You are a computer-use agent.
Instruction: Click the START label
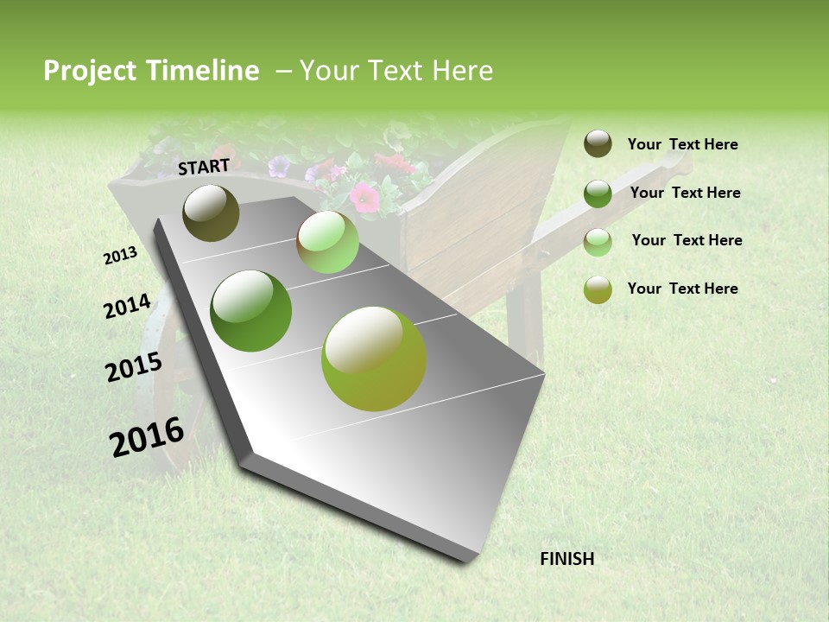pos(204,167)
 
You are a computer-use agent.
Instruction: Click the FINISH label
pos(567,559)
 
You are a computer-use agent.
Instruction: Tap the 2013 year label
pos(121,256)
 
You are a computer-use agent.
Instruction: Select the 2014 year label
pos(127,306)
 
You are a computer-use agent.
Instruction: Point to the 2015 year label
pos(134,366)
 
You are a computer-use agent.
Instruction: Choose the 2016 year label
pos(147,436)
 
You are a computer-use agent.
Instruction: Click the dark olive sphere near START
pos(211,213)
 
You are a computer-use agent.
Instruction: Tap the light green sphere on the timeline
pos(327,242)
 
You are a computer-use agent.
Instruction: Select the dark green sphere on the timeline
pos(250,311)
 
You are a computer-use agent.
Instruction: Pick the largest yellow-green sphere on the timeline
pos(374,359)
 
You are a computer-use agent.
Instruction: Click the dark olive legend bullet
pos(598,143)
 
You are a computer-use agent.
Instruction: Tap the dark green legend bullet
pos(598,194)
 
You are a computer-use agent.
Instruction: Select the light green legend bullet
pos(598,242)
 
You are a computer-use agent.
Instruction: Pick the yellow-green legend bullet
pos(598,289)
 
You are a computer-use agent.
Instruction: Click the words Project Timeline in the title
pos(151,71)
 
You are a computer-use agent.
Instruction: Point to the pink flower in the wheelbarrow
pos(365,198)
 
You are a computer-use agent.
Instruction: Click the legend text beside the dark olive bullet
pos(682,144)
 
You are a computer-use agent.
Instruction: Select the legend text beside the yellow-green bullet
pos(682,289)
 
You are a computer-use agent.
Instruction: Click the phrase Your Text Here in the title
pos(396,71)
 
